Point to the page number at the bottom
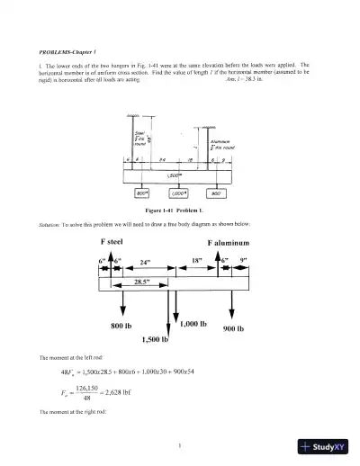tap(180, 444)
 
